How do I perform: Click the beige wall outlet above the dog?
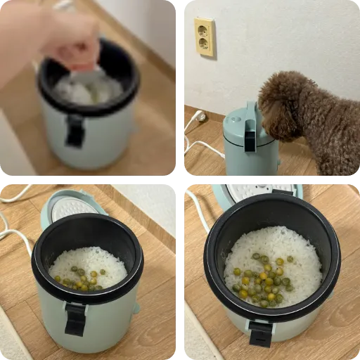205,37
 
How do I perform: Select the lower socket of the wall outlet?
205,45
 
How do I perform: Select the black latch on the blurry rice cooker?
75,130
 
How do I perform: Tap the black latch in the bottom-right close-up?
261,332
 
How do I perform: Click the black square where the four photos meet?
180,179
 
